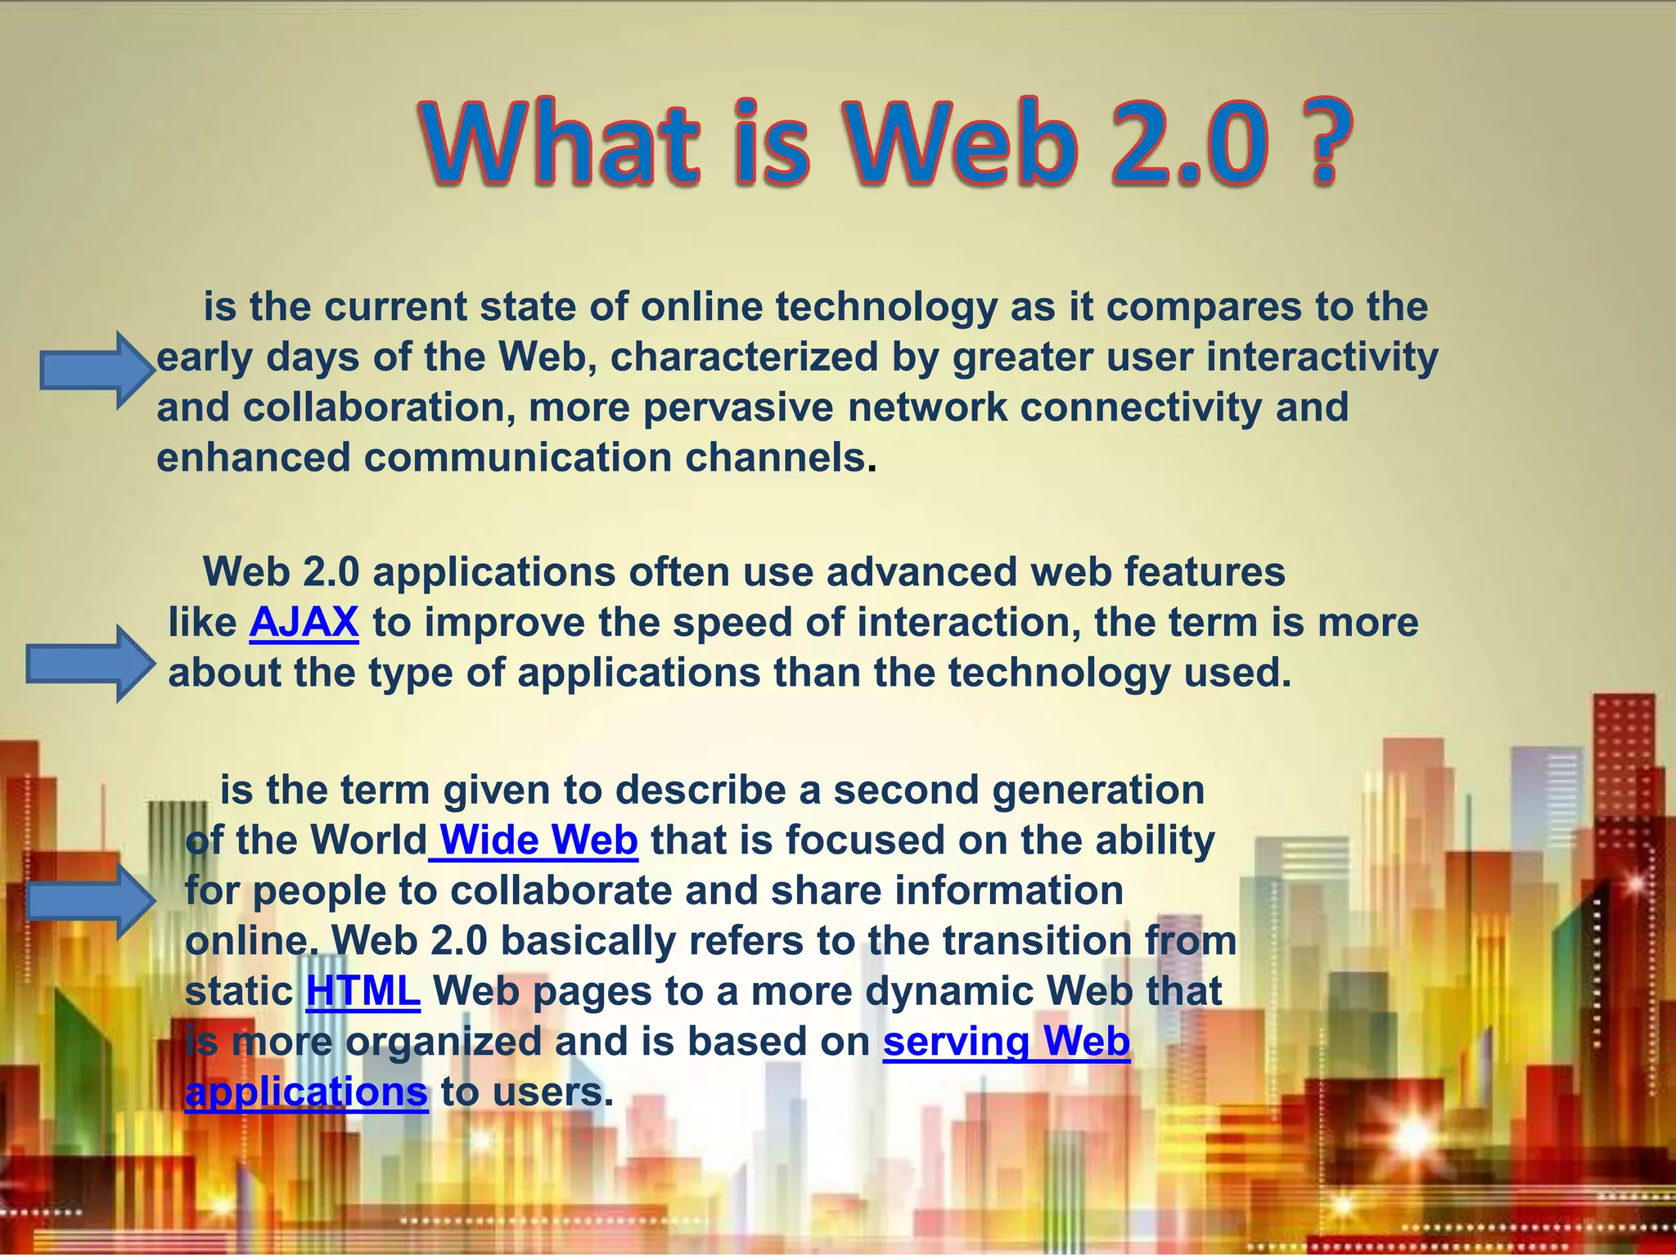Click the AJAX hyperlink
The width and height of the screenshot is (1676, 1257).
(304, 622)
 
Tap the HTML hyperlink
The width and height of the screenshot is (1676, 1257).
(363, 991)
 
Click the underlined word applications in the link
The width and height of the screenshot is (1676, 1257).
(306, 1092)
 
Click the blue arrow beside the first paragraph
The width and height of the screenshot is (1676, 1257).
(97, 371)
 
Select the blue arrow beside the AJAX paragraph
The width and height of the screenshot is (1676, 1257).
(89, 664)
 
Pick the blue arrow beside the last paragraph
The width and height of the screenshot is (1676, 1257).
(91, 902)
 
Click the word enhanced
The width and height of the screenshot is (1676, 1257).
(253, 457)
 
